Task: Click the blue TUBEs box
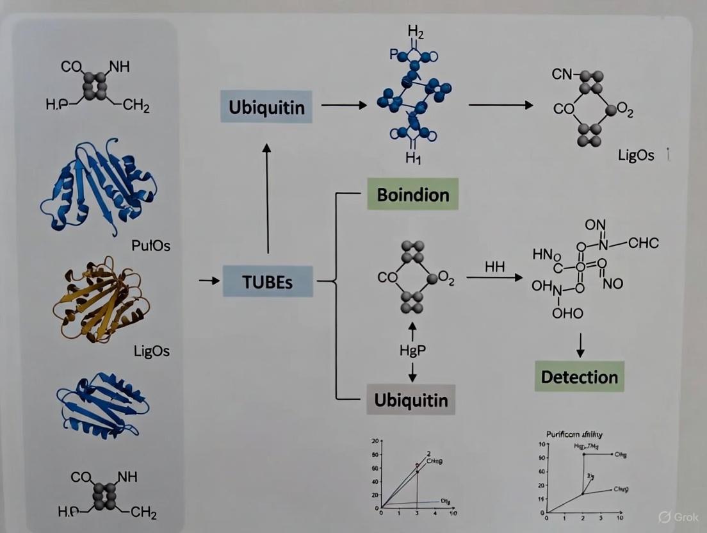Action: click(268, 281)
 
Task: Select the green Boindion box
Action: click(413, 194)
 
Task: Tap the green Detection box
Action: click(579, 376)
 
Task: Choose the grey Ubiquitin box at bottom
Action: click(411, 400)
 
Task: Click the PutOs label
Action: click(150, 245)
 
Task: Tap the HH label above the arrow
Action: click(494, 266)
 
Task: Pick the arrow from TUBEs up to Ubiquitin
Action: click(267, 199)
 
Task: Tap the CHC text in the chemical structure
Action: click(642, 243)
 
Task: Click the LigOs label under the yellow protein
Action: click(151, 351)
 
